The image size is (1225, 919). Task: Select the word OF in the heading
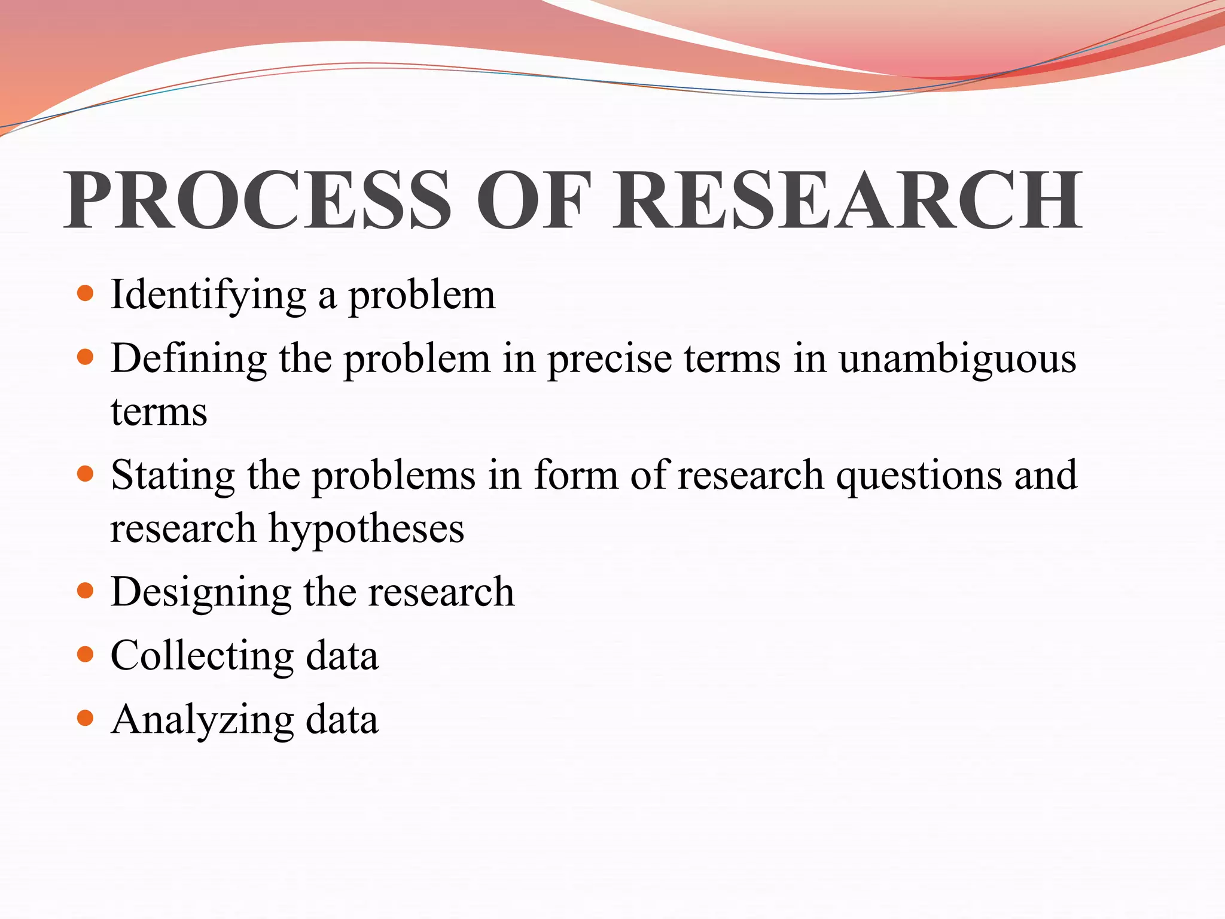[532, 200]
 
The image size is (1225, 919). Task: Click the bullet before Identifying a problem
[86, 293]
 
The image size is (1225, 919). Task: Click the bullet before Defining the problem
[86, 357]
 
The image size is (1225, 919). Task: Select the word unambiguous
[957, 360]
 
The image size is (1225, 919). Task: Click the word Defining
[188, 360]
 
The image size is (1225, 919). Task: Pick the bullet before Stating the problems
[86, 474]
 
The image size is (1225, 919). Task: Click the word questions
[918, 476]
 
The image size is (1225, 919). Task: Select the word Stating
[173, 476]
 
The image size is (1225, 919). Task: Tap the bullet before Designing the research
[86, 591]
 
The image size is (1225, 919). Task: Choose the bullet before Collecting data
[86, 655]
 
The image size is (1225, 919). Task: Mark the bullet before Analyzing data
[86, 718]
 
